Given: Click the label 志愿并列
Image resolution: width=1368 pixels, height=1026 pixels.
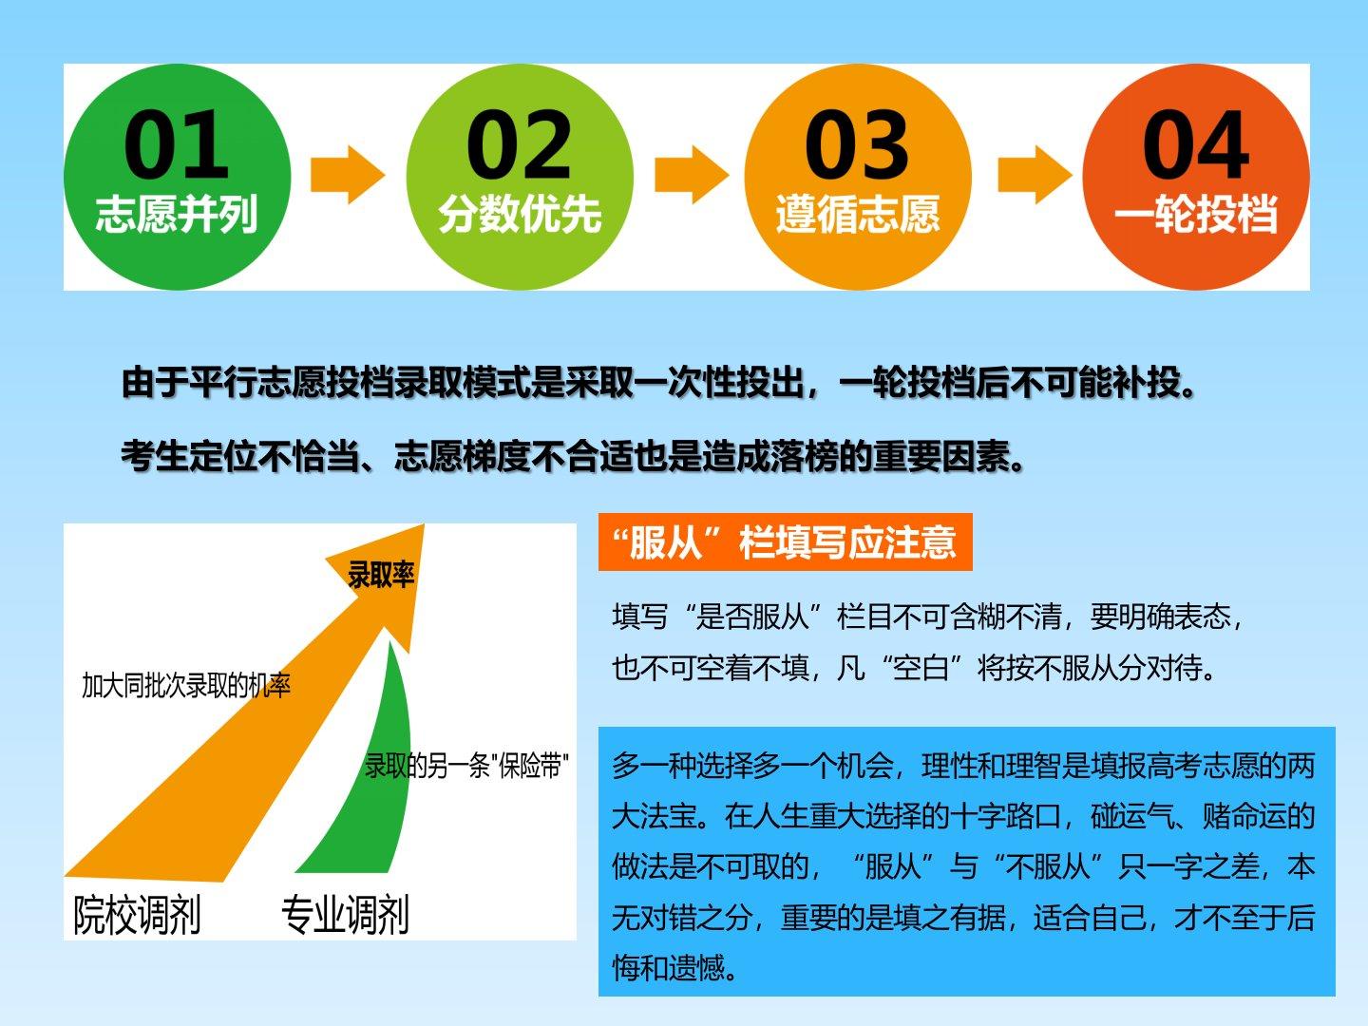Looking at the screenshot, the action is tap(177, 215).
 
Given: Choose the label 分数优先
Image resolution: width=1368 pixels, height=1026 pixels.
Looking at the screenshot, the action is tap(520, 215).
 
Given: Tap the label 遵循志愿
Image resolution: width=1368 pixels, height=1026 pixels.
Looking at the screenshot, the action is tap(858, 215).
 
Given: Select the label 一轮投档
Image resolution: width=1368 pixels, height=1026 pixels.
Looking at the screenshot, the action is tap(1196, 215).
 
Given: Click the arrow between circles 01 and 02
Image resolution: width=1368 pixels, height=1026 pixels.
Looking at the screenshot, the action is tap(348, 175).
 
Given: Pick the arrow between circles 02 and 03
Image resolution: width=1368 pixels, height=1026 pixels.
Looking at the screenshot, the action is tap(692, 175).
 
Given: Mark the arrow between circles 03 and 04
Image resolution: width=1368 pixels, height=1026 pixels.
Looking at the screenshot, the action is tap(1035, 175).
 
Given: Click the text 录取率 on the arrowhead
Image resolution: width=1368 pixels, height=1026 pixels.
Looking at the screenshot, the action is tap(381, 575).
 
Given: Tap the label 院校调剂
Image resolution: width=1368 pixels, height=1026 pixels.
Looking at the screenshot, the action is tap(137, 915).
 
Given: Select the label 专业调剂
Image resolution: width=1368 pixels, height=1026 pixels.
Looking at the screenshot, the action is tap(345, 915).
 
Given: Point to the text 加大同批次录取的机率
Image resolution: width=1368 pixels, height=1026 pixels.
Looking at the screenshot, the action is tap(186, 686).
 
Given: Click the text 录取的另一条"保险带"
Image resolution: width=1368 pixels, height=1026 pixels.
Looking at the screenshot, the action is tap(466, 766).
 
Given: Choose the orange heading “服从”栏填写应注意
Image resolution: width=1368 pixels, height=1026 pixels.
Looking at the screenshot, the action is tap(785, 541).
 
